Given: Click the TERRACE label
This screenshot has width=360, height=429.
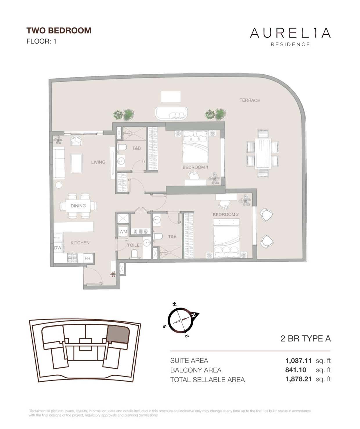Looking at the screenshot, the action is pos(250,100).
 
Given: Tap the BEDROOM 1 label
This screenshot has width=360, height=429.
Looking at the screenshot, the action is pos(195,167).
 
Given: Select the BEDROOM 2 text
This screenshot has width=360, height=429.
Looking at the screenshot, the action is pos(226,214).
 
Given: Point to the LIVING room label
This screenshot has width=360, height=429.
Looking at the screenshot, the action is pos(98,162).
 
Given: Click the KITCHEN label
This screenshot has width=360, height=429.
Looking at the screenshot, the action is pos(80,243).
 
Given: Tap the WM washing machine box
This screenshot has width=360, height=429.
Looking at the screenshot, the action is pos(123,232).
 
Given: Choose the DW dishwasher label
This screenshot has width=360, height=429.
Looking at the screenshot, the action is pos(58,248).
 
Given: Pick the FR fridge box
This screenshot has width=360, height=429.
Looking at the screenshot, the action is pos(87,258).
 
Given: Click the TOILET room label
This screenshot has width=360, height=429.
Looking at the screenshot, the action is pos(135,245).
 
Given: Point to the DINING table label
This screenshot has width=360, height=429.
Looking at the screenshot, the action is pos(78,206).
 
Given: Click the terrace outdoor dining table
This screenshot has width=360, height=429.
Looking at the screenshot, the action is pos(263,154).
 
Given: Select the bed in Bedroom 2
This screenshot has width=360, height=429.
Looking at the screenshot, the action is pos(226,238).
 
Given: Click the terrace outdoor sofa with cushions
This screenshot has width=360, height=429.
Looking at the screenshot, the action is pos(171,113).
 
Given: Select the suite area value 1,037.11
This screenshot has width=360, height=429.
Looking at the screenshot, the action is pos(298,360).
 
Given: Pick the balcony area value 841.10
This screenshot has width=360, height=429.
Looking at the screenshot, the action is pos(296,370).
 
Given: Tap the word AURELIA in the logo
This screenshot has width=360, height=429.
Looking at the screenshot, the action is pos(290,33).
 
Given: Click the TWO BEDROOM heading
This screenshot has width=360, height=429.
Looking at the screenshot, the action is pos(59,31).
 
